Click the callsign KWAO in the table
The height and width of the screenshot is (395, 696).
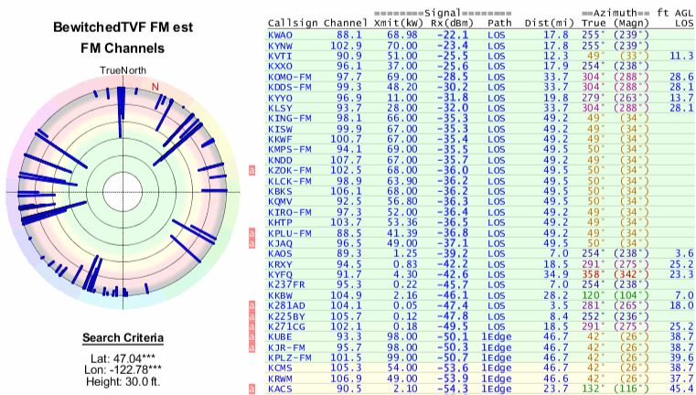tap(281, 35)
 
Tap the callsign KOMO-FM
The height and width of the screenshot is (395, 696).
tap(290, 76)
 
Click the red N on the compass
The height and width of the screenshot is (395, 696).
tap(155, 87)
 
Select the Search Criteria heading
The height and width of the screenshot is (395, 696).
tap(123, 336)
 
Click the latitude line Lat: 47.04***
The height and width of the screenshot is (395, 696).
tap(122, 359)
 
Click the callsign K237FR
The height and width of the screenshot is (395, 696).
tap(286, 284)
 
